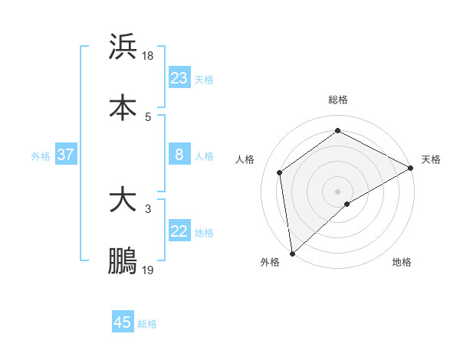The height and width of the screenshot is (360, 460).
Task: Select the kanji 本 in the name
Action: coord(123,107)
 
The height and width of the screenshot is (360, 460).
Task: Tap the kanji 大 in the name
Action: coord(123,201)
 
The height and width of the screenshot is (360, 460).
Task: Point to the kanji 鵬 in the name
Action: coord(123,260)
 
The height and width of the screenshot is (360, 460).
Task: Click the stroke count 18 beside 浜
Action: coord(149,56)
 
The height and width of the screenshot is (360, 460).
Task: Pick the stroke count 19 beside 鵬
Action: coord(149,270)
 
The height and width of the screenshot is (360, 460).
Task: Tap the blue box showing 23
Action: coord(179,77)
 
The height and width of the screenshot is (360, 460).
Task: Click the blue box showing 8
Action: coord(179,155)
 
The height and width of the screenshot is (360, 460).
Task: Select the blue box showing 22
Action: coord(179,231)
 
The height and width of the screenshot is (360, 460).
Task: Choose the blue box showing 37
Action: coord(65,155)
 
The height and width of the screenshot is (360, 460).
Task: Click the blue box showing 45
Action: coord(123,322)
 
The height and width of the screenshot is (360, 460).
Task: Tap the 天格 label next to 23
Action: coord(204,79)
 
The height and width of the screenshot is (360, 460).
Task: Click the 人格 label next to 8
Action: coord(204,156)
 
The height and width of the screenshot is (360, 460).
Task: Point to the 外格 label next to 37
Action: coord(41,156)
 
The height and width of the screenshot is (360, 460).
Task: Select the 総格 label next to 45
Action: coord(147,324)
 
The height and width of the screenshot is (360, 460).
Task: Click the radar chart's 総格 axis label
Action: coord(337,100)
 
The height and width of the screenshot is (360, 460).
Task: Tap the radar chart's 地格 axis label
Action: coord(402,262)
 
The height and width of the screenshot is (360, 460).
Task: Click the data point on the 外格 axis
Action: coord(292,253)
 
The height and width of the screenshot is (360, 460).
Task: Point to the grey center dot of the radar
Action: coord(337,191)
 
